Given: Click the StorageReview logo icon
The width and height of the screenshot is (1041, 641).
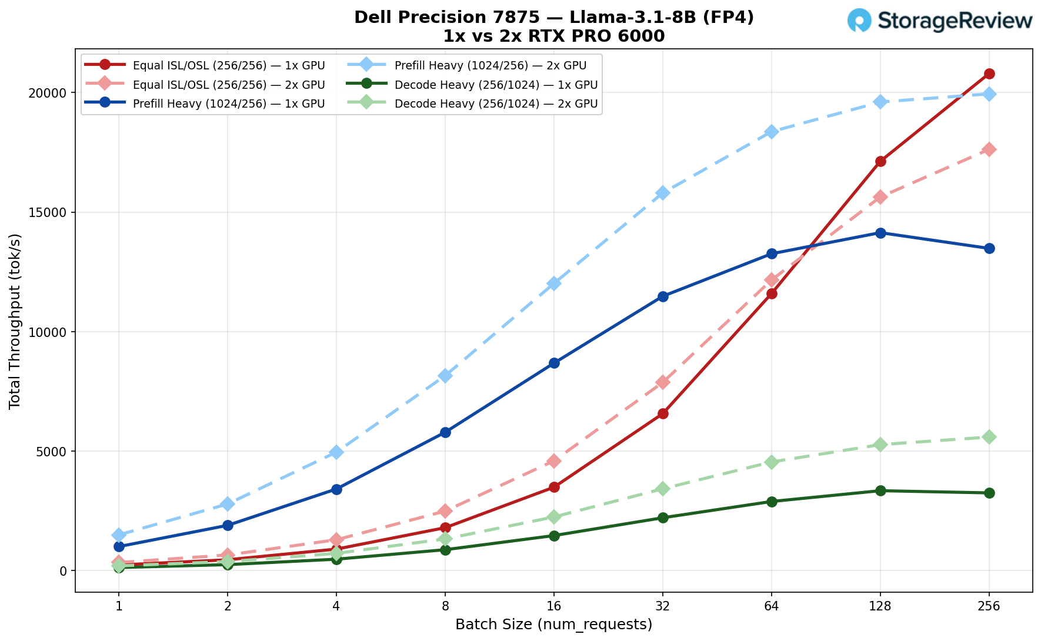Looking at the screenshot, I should pyautogui.click(x=859, y=20).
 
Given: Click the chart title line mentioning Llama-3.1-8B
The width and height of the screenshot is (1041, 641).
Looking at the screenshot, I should pyautogui.click(x=553, y=18).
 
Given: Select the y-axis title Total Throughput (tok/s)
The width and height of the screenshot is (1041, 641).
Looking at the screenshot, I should pyautogui.click(x=15, y=320).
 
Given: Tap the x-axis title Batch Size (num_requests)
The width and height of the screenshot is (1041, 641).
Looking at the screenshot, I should pyautogui.click(x=553, y=625).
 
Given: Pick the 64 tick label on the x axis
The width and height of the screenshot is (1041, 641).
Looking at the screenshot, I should pyautogui.click(x=772, y=606).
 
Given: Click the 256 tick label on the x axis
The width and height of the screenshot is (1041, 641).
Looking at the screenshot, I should pyautogui.click(x=989, y=606).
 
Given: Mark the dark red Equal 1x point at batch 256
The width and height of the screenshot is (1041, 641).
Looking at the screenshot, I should pyautogui.click(x=989, y=74).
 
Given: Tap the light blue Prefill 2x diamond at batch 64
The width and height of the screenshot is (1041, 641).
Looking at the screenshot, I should pyautogui.click(x=772, y=132).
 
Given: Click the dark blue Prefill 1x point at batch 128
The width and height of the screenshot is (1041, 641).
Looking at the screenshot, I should pyautogui.click(x=880, y=233).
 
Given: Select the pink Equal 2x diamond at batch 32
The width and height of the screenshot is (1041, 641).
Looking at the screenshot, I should pyautogui.click(x=663, y=382).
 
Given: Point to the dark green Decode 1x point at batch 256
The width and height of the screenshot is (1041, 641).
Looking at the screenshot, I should pyautogui.click(x=989, y=493).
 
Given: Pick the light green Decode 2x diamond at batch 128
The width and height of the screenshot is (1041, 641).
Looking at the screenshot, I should pyautogui.click(x=880, y=445).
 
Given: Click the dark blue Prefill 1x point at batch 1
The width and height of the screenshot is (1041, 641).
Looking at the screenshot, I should pyautogui.click(x=119, y=546).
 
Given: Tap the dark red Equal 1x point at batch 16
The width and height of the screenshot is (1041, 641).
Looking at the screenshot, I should pyautogui.click(x=554, y=487).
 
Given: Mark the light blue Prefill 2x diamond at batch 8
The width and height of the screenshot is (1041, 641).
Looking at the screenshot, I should pyautogui.click(x=445, y=376).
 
